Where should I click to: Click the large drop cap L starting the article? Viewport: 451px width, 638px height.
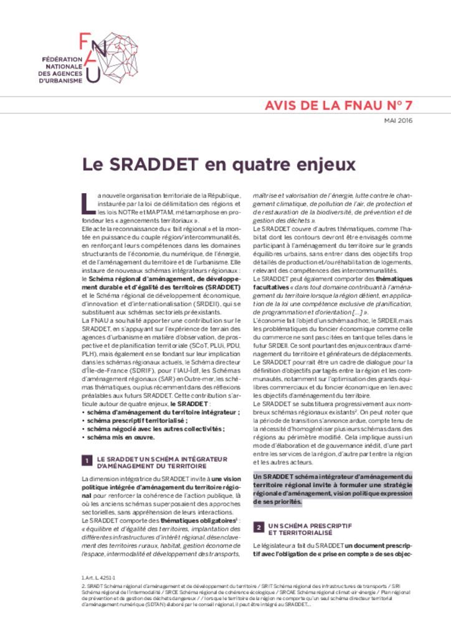click(x=88, y=202)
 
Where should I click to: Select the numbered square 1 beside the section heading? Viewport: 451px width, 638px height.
click(x=88, y=462)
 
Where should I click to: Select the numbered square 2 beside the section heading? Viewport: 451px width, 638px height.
click(x=259, y=526)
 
